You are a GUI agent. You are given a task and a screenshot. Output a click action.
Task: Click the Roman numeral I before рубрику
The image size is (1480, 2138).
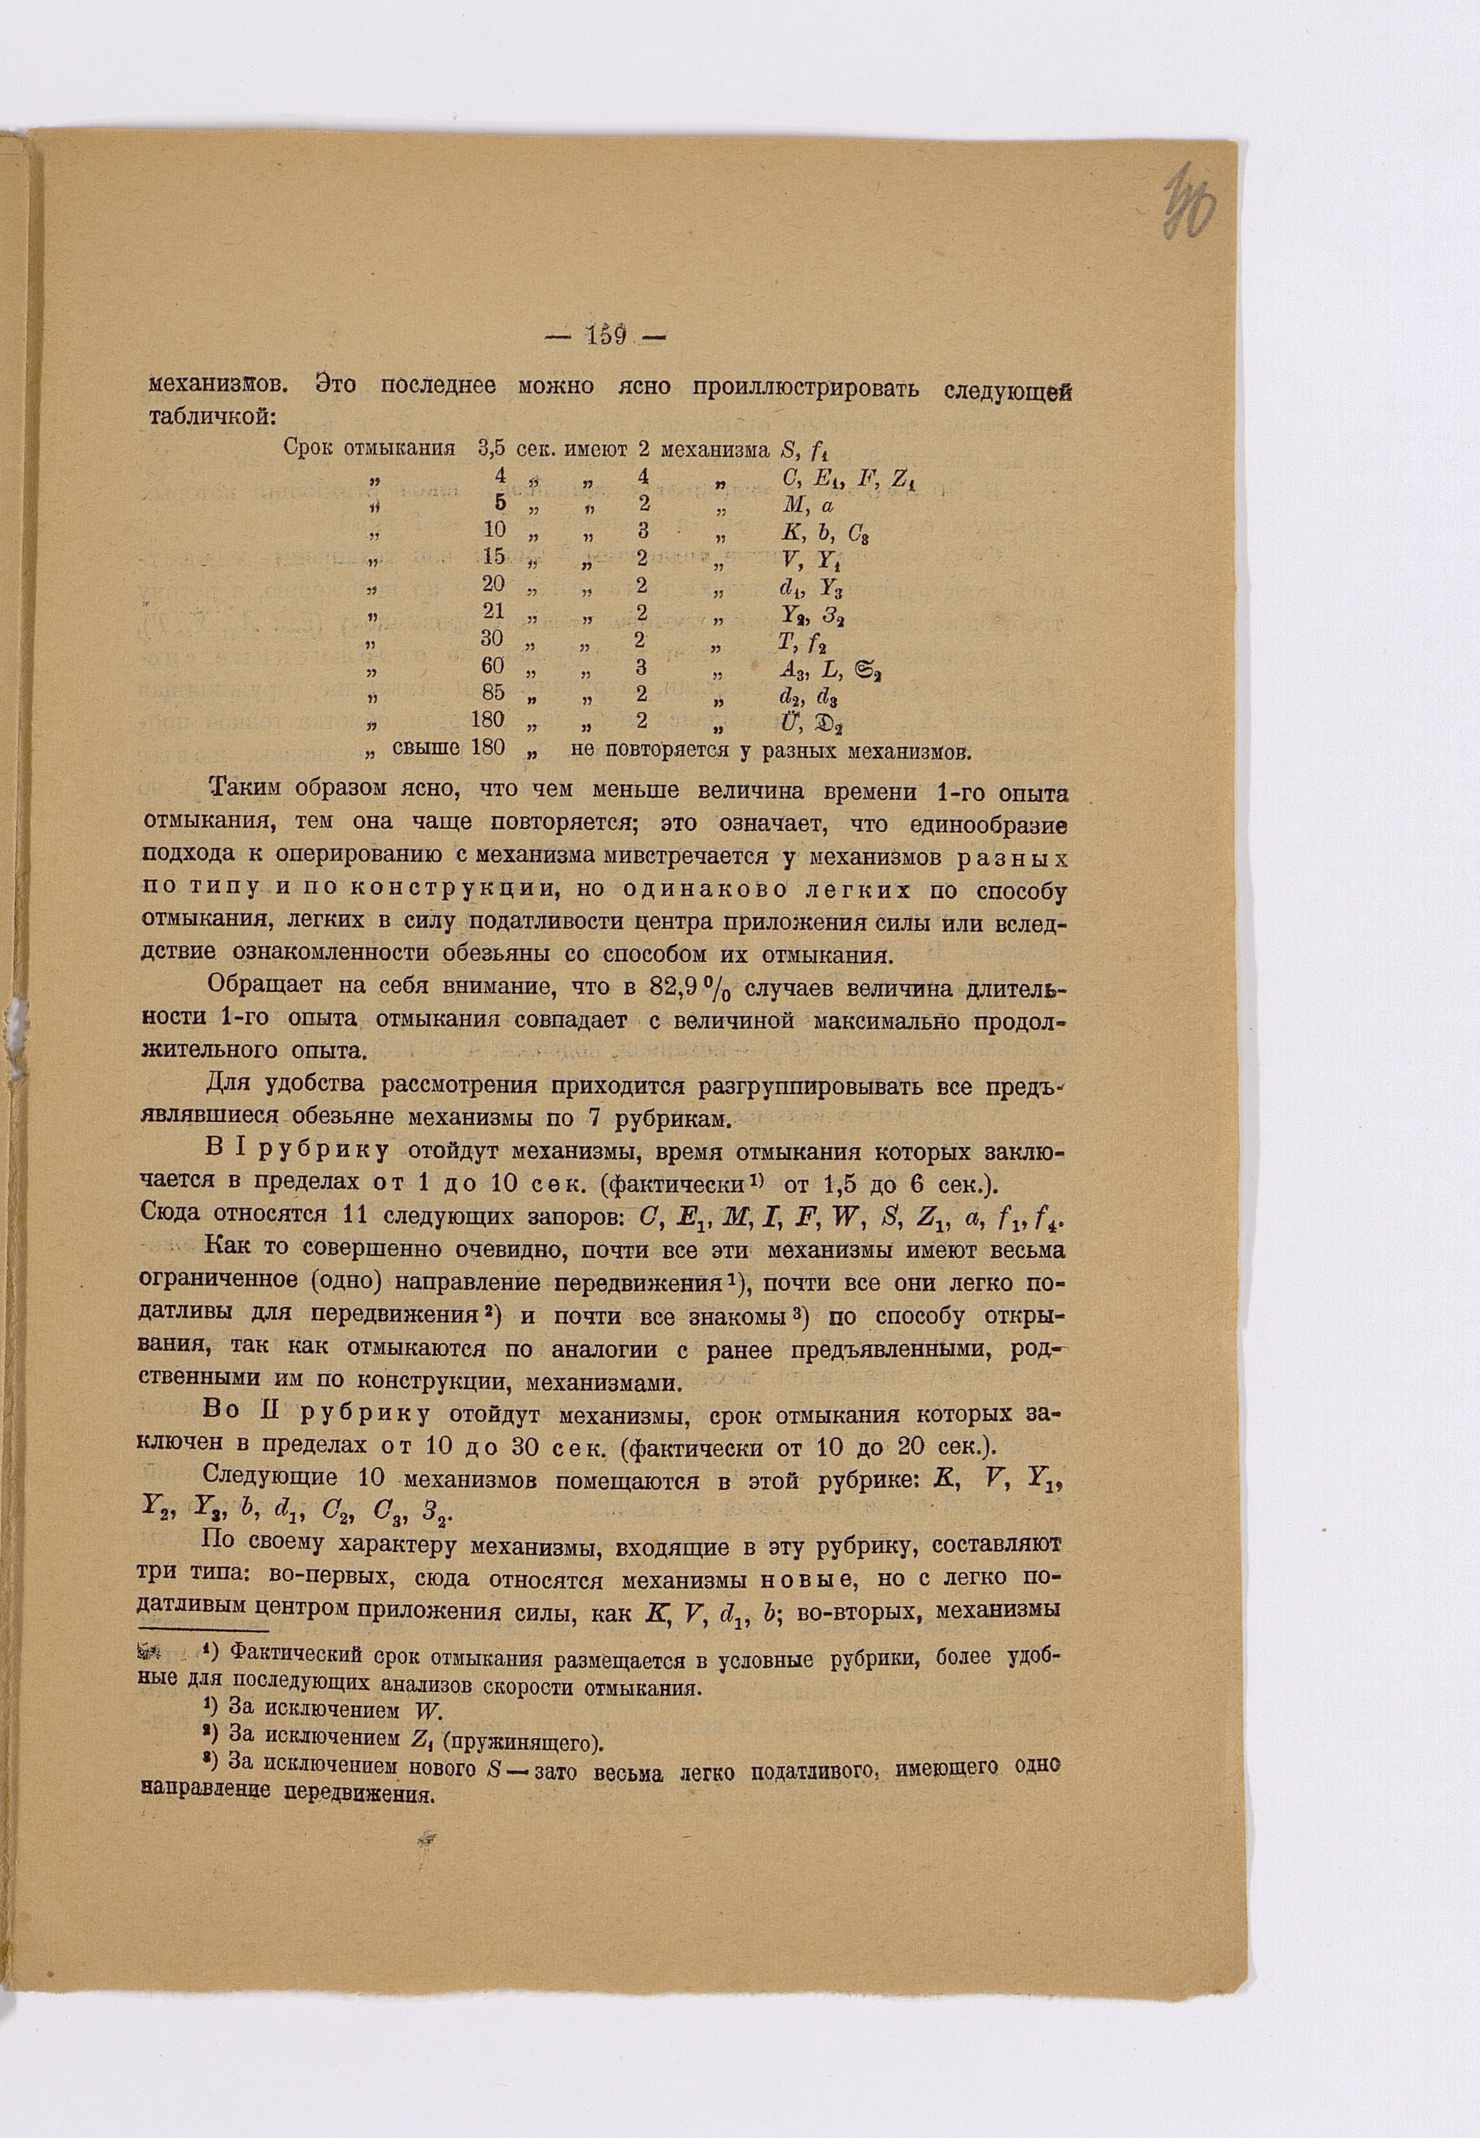(239, 1152)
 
